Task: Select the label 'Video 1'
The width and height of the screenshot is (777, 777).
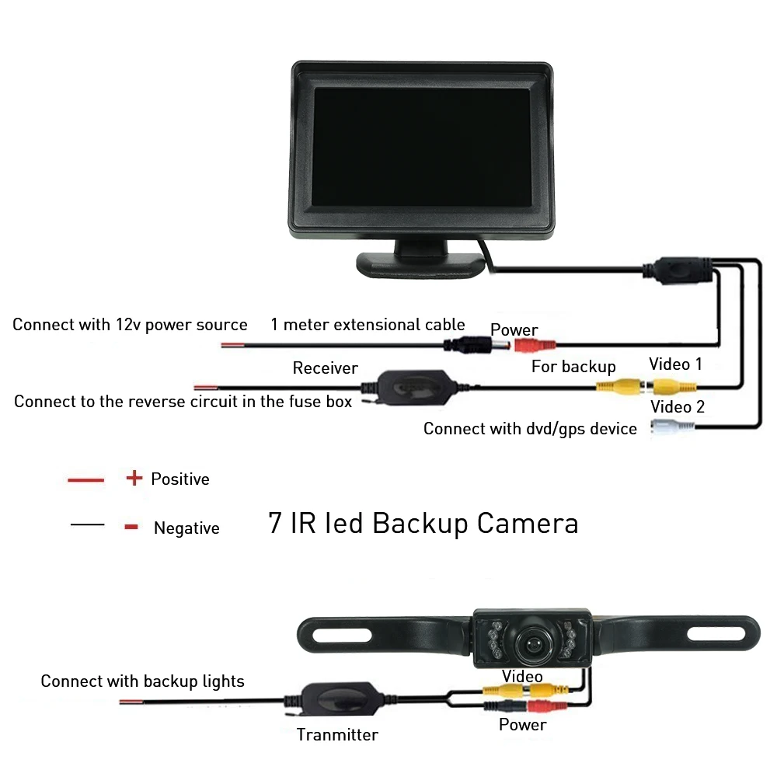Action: [675, 364]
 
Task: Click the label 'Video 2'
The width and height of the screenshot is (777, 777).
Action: [677, 407]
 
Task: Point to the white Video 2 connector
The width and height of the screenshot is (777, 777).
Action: [673, 427]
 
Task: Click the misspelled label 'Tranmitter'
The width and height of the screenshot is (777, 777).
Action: [337, 734]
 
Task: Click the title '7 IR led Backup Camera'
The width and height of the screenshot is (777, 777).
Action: [423, 523]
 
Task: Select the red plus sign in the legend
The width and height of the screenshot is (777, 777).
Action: [134, 478]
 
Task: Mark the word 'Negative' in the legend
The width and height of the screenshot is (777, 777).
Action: [186, 528]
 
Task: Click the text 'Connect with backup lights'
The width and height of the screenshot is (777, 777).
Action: [142, 681]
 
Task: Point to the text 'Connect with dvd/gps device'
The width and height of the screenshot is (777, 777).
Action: [530, 428]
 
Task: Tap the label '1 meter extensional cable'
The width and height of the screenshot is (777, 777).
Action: [368, 325]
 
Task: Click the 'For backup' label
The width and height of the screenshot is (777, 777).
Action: [573, 367]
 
